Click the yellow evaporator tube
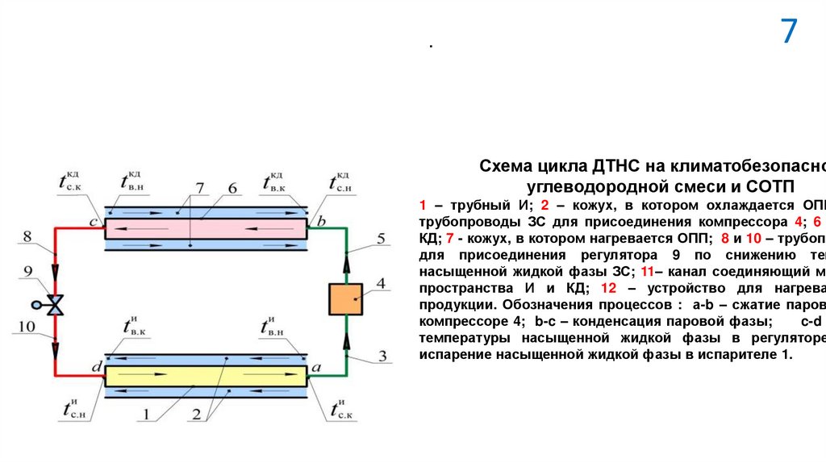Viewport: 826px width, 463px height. coord(206,377)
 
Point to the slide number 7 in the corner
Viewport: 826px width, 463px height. coord(788,32)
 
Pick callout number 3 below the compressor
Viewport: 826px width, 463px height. coord(382,332)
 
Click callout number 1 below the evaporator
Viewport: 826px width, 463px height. coord(148,417)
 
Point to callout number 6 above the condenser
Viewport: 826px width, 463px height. coord(232,189)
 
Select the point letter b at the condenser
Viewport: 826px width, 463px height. coord(321,220)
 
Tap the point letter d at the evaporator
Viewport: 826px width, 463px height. coord(96,368)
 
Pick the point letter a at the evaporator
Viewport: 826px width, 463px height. coord(317,368)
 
